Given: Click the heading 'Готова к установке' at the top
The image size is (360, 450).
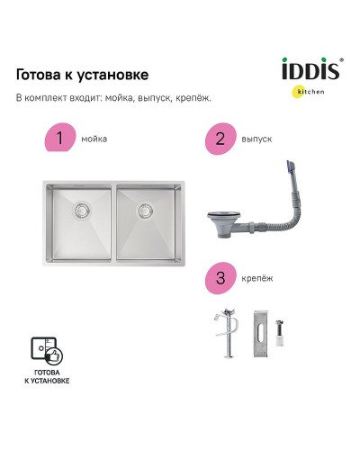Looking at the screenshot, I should coord(83,74).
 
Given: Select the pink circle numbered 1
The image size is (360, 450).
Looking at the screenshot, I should coord(60,139).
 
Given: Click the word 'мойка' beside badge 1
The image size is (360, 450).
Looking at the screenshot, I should coord(93,140).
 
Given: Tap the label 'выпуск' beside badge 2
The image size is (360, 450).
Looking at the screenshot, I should coord(257,140).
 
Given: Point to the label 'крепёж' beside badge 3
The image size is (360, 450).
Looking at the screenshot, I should coord(257,279).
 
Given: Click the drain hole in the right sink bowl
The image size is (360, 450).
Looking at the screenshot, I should coord(144,211).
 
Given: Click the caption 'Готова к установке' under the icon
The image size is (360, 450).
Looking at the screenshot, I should coord(47,378).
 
